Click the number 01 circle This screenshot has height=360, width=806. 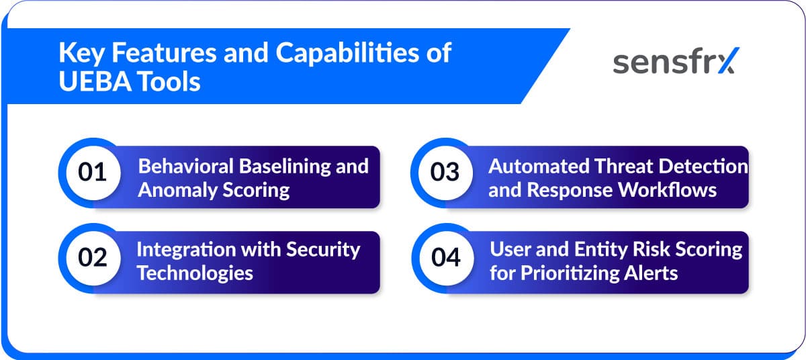[x=93, y=173]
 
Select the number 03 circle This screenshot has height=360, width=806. [x=445, y=173]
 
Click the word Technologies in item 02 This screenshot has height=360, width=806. [x=195, y=273]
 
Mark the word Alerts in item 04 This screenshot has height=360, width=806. [x=655, y=273]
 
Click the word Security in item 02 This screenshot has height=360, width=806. [x=324, y=249]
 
